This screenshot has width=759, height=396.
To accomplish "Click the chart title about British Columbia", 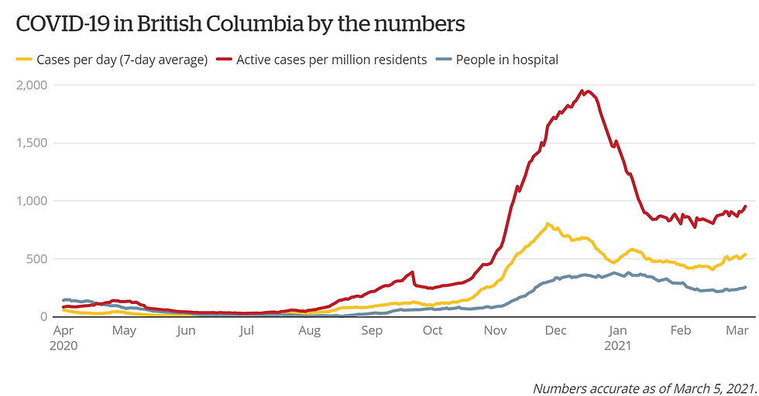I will (240, 24).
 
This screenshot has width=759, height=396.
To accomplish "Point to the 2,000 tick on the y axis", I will (31, 85).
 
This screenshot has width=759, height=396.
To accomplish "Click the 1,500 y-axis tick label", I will (31, 143).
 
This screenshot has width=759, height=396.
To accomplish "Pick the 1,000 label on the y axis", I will (31, 201).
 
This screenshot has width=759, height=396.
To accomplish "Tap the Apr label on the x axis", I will (64, 331).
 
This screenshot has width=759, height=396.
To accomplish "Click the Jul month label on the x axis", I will (246, 331).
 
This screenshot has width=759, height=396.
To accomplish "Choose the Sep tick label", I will (372, 331).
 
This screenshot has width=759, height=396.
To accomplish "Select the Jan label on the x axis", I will (617, 331).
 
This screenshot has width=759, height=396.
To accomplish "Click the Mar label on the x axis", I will (737, 331).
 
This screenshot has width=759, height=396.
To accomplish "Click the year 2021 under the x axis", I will (619, 346).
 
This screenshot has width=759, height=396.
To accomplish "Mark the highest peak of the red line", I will (587, 91).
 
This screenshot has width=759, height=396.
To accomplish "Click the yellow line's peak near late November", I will (548, 224).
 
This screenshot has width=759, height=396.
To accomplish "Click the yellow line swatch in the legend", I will (23, 60).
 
